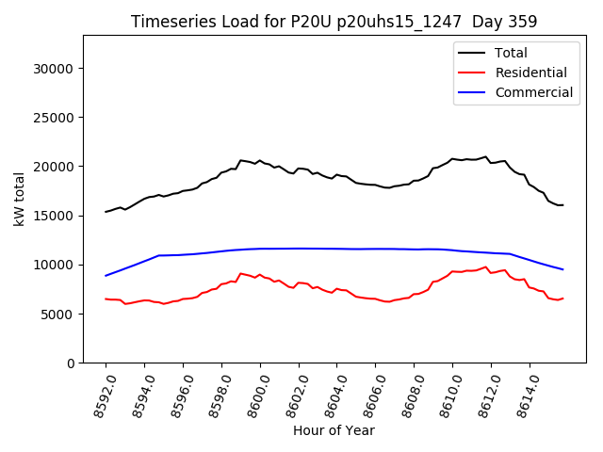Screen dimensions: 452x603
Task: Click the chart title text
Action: [333, 22]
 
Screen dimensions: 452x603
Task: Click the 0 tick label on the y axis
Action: [72, 363]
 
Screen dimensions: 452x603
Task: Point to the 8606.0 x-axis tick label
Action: [369, 394]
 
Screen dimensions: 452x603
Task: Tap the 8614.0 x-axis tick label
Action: [524, 394]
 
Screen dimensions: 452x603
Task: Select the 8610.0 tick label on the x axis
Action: [447, 394]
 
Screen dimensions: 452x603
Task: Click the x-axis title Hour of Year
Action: [334, 430]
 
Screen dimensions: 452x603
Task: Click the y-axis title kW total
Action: [19, 199]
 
